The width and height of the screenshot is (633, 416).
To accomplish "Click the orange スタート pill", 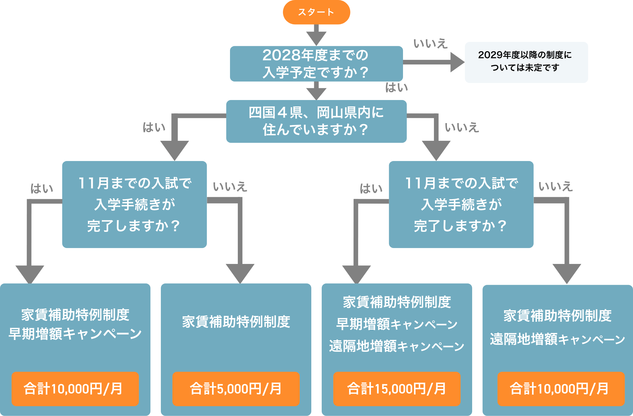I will click(x=316, y=12).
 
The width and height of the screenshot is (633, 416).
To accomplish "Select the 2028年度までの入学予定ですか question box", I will click(x=316, y=64).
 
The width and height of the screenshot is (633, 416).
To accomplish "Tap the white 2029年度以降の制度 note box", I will click(x=526, y=62).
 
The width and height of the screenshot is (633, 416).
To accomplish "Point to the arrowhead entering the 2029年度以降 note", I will click(x=457, y=62).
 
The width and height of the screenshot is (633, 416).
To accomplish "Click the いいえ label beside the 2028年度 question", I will click(x=430, y=44).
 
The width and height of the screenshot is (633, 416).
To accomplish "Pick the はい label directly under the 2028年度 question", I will click(x=396, y=88).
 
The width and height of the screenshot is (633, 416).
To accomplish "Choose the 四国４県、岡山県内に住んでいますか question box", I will click(x=316, y=121).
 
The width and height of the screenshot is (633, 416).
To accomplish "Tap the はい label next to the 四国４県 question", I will click(x=154, y=127).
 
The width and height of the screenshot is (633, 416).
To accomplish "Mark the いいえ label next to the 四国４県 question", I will click(x=462, y=127).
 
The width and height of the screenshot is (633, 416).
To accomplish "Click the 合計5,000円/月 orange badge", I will click(x=236, y=389).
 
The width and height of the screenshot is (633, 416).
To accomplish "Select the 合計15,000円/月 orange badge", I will click(x=397, y=389).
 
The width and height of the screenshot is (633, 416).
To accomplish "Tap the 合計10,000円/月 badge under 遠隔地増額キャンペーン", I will click(x=561, y=389).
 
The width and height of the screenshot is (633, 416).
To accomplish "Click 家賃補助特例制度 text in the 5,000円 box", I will click(x=236, y=322).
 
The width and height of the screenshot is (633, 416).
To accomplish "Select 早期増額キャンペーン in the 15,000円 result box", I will click(x=397, y=324).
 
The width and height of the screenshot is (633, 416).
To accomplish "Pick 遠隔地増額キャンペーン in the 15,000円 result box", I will click(x=397, y=346).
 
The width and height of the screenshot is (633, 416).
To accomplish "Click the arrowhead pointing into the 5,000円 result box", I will click(x=240, y=273).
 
